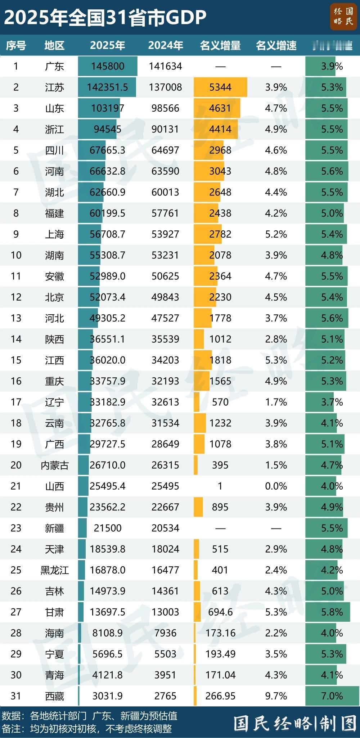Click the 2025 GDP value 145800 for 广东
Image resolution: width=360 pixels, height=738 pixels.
(108, 66)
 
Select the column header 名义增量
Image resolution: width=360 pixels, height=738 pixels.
(220, 45)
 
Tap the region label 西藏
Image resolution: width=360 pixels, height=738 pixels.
(55, 696)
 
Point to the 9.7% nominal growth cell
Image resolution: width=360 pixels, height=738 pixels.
(276, 696)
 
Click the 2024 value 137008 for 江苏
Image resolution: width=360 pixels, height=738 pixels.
(165, 87)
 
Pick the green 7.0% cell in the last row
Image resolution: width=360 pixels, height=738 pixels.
(332, 696)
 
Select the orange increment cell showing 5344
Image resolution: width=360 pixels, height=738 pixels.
(220, 87)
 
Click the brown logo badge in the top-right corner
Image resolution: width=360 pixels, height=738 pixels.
(343, 17)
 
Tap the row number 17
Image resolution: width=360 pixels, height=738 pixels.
(16, 402)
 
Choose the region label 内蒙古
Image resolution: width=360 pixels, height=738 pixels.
(55, 465)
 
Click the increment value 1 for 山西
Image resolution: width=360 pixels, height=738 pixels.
(220, 486)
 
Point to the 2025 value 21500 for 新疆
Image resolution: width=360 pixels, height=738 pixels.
(108, 528)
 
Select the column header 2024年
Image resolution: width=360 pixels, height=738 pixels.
(165, 45)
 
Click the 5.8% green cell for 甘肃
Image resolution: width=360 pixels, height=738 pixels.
(332, 612)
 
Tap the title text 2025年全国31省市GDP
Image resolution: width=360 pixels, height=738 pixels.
(105, 17)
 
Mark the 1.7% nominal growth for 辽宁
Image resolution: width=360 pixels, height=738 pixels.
(276, 402)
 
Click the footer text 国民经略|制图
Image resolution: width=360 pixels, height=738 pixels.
(295, 723)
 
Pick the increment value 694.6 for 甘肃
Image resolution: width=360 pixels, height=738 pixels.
(220, 612)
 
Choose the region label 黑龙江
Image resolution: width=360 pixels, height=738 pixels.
(55, 570)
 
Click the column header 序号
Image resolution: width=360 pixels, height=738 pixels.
(16, 45)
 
